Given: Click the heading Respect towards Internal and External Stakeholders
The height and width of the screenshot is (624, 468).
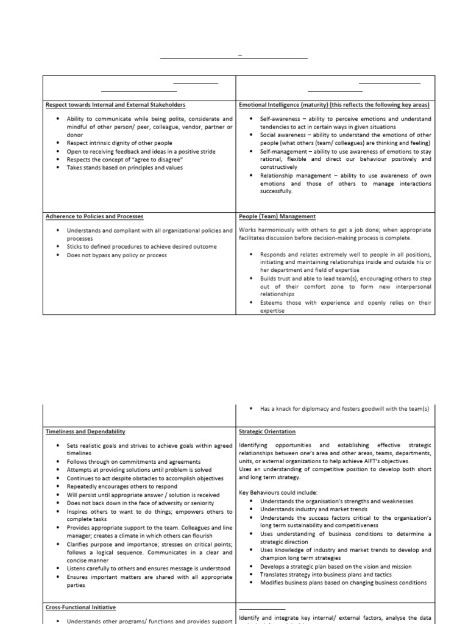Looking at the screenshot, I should click(x=116, y=105).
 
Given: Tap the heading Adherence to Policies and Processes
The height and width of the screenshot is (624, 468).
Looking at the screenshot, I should click(x=94, y=216).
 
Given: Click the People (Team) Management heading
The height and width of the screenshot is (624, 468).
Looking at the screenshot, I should click(x=277, y=216).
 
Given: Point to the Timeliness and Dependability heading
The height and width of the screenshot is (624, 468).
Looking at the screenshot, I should click(x=85, y=431).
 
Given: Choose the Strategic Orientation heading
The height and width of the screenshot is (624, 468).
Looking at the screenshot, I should click(x=268, y=431).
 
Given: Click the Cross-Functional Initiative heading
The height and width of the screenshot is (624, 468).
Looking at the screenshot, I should click(x=81, y=608).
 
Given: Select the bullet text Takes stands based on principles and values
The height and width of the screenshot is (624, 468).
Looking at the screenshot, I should click(x=124, y=168).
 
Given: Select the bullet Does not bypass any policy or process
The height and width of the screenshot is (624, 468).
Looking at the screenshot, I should click(x=116, y=255).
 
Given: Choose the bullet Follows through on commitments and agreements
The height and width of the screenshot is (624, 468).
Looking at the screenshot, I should click(x=133, y=462).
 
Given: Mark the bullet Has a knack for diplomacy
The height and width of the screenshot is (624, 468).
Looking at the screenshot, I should click(x=344, y=409).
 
